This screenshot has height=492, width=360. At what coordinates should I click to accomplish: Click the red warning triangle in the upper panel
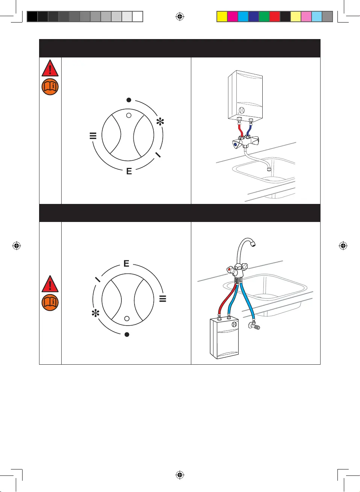pyautogui.click(x=50, y=69)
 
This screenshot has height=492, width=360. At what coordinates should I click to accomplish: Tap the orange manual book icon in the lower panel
pyautogui.click(x=50, y=302)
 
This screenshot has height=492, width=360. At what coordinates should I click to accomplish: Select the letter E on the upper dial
pyautogui.click(x=129, y=171)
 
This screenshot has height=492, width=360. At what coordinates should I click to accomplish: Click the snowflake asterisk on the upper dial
pyautogui.click(x=160, y=122)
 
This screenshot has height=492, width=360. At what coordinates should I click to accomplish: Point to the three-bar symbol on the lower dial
pyautogui.click(x=163, y=299)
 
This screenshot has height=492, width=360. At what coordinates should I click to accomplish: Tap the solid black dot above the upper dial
pyautogui.click(x=129, y=100)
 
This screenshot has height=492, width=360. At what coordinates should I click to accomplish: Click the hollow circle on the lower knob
pyautogui.click(x=127, y=318)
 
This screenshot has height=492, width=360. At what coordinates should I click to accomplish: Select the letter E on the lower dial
pyautogui.click(x=126, y=263)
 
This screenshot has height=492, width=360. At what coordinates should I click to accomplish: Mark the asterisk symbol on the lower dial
pyautogui.click(x=95, y=313)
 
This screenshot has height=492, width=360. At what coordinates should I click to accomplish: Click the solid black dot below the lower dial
pyautogui.click(x=127, y=334)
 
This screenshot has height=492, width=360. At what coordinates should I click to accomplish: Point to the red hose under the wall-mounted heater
pyautogui.click(x=240, y=130)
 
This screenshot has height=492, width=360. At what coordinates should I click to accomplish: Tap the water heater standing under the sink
pyautogui.click(x=224, y=338)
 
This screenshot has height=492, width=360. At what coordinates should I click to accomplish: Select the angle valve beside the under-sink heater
pyautogui.click(x=254, y=326)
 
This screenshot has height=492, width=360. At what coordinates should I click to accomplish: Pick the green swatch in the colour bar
pyautogui.click(x=264, y=17)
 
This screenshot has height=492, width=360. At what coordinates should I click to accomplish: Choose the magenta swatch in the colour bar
pyautogui.click(x=233, y=17)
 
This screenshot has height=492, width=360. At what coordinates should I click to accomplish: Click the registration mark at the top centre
pyautogui.click(x=180, y=17)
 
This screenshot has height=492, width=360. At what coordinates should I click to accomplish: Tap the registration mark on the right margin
pyautogui.click(x=343, y=246)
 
